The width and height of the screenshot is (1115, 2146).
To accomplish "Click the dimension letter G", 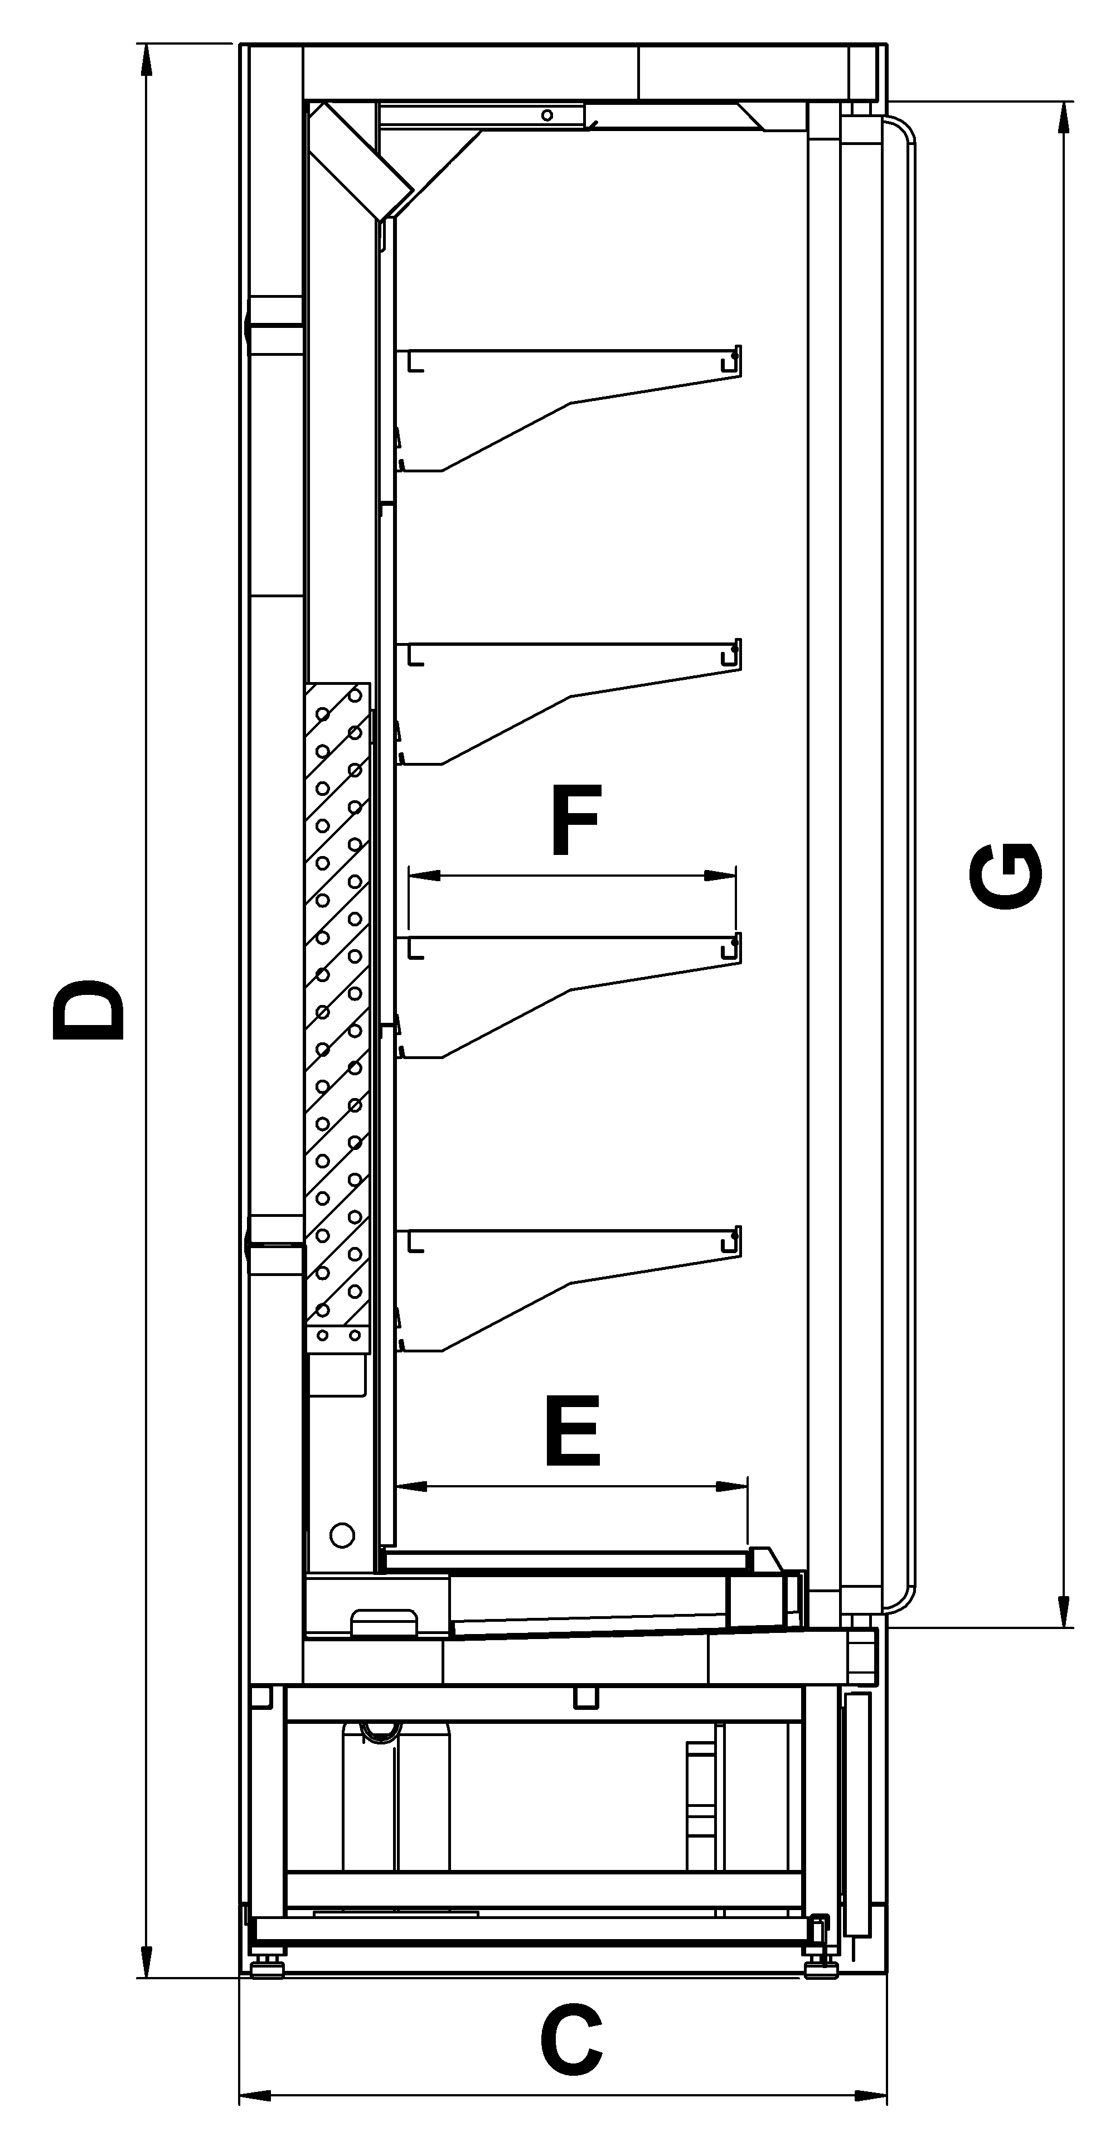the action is click(1005, 876).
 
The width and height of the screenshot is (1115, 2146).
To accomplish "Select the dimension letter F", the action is click(575, 820).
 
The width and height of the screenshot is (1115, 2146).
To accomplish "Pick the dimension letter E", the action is click(573, 1430).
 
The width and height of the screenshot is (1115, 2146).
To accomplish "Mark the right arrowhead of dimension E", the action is click(732, 1487).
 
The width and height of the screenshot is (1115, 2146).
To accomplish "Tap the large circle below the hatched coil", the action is click(342, 1535).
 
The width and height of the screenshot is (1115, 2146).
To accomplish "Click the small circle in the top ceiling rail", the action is click(547, 115).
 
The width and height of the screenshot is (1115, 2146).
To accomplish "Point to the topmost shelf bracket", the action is click(569, 408).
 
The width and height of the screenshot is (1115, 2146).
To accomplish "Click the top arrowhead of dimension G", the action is click(1063, 118).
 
